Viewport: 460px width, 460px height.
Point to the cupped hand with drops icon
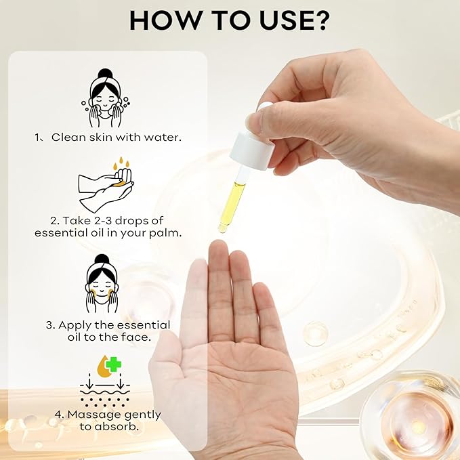coord(106,183)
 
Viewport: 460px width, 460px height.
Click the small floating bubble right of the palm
coord(315,333)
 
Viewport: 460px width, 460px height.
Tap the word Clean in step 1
coord(68,138)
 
